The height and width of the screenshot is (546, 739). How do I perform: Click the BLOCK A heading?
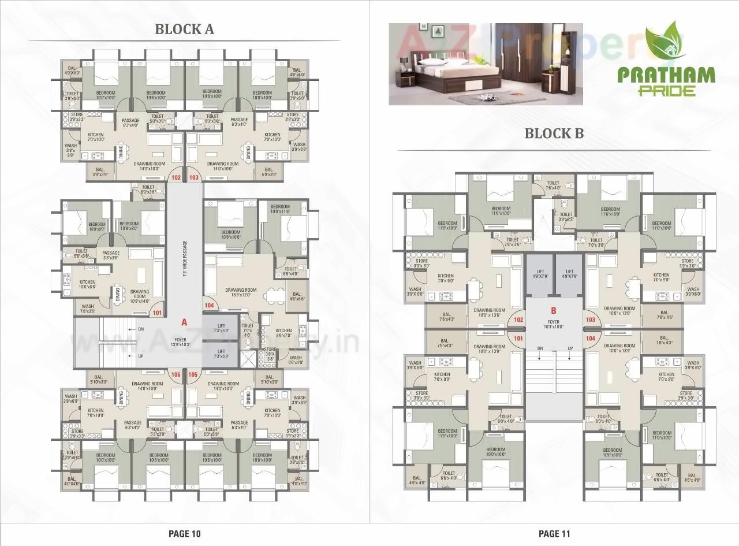pyautogui.click(x=184, y=29)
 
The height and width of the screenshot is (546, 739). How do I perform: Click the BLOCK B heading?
pyautogui.click(x=553, y=133)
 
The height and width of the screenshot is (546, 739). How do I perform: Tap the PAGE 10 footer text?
pyautogui.click(x=184, y=533)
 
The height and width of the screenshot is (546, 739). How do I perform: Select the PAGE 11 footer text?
pyautogui.click(x=554, y=533)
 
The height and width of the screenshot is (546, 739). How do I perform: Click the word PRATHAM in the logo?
pyautogui.click(x=666, y=75)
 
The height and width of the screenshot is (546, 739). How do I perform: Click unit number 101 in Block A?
pyautogui.click(x=156, y=313)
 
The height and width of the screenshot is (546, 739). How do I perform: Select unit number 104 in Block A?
pyautogui.click(x=209, y=306)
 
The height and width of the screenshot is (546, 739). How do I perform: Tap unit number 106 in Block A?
pyautogui.click(x=176, y=374)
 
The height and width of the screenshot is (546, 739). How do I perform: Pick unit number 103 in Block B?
pyautogui.click(x=590, y=320)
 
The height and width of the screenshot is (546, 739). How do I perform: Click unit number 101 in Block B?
pyautogui.click(x=518, y=339)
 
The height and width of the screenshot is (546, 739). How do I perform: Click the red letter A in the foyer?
pyautogui.click(x=184, y=321)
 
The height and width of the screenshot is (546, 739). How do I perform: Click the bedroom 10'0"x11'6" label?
pyautogui.click(x=280, y=209)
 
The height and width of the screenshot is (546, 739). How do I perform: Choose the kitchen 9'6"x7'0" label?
pyautogui.click(x=283, y=333)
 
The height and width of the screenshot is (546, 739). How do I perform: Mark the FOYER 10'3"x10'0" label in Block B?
pyautogui.click(x=554, y=325)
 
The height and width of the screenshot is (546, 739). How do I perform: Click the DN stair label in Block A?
pyautogui.click(x=140, y=329)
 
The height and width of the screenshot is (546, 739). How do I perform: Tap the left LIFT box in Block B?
pyautogui.click(x=540, y=274)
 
